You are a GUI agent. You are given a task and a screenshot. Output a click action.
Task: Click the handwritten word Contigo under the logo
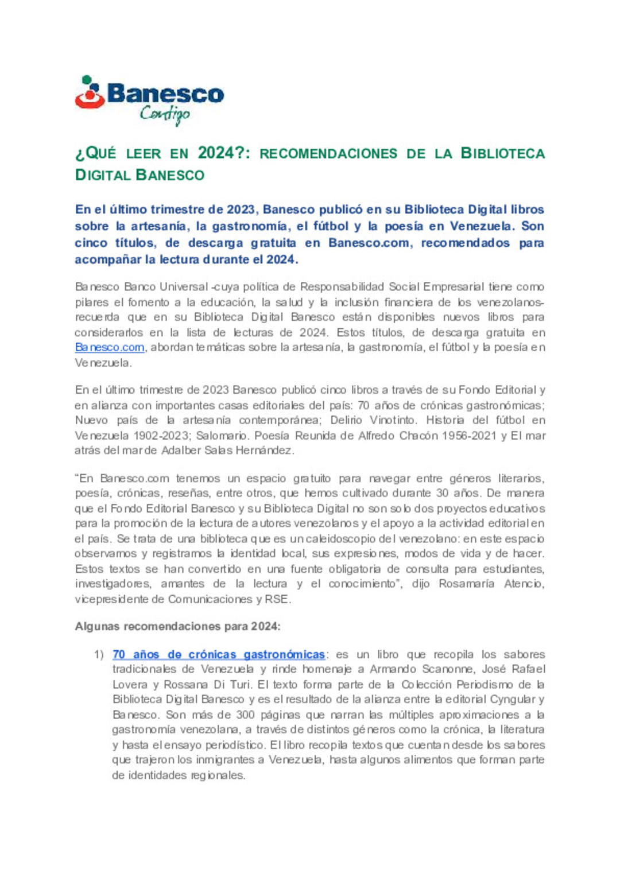coord(165,114)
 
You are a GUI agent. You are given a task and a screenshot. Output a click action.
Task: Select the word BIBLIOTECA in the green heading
coord(502,153)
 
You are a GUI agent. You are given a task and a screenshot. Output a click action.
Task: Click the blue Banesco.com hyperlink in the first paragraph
coord(110,347)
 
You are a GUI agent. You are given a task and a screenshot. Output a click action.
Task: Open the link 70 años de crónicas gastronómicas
coord(219,654)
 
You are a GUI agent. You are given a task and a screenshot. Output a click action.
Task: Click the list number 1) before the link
coord(99,654)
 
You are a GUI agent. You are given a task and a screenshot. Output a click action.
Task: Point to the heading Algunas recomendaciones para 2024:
coord(177,626)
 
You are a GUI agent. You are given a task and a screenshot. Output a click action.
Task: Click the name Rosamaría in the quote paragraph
coord(467,584)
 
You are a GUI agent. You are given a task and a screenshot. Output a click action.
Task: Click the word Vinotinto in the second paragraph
coord(392,420)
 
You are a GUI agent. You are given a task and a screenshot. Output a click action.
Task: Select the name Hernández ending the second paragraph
coord(265,451)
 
